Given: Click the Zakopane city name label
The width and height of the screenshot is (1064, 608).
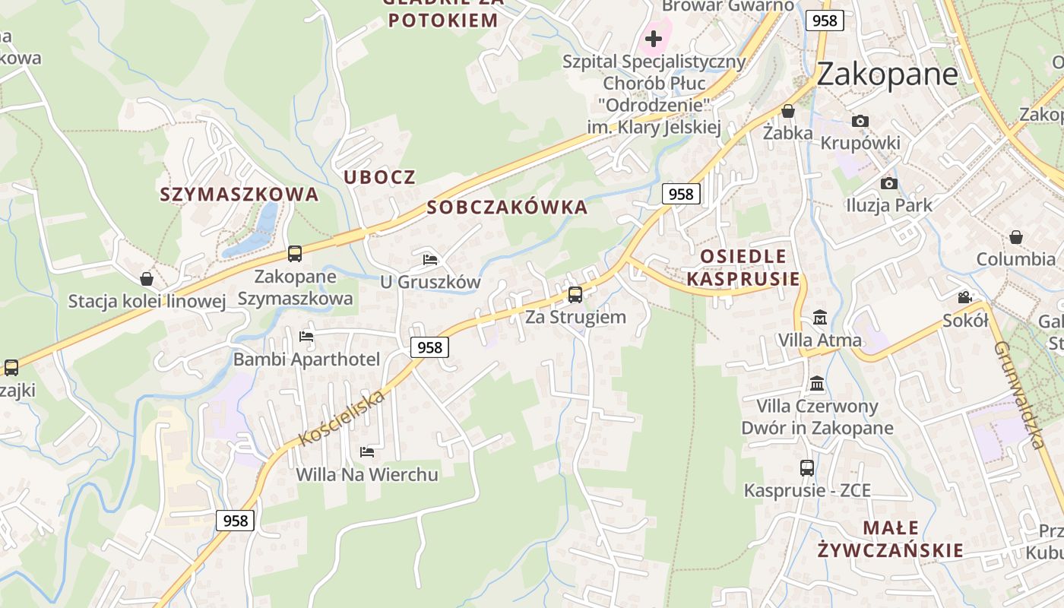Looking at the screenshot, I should [887, 74].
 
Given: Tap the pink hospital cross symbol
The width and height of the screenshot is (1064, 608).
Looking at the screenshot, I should [654, 38].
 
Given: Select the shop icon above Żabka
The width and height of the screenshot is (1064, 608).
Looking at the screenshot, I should [788, 111].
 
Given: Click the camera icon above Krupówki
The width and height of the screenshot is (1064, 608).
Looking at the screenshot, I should [860, 121].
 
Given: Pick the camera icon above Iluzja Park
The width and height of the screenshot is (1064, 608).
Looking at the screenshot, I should [888, 183].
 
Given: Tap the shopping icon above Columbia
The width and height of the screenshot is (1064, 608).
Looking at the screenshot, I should [1016, 237].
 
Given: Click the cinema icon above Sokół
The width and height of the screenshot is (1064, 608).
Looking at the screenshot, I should [964, 297].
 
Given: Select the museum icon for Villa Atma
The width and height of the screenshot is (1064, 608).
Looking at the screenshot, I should [820, 317].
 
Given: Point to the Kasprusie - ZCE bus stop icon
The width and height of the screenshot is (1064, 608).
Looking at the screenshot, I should [807, 468].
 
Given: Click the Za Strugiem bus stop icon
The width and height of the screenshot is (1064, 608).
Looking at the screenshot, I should [575, 295].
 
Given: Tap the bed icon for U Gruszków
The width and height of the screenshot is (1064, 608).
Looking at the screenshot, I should [430, 259].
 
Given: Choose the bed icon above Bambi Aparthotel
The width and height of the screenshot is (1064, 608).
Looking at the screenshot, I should [306, 336].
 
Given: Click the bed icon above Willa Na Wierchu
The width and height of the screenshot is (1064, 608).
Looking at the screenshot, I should [367, 452].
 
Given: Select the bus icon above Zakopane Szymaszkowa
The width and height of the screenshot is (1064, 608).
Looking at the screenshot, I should [295, 254].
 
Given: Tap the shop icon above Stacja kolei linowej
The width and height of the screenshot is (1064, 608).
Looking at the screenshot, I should [147, 279].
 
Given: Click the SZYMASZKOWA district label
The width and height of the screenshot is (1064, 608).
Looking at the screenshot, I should [239, 195].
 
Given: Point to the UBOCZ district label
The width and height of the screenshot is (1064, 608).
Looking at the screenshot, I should [380, 178].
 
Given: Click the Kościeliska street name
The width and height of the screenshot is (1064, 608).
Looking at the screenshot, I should [342, 419].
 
